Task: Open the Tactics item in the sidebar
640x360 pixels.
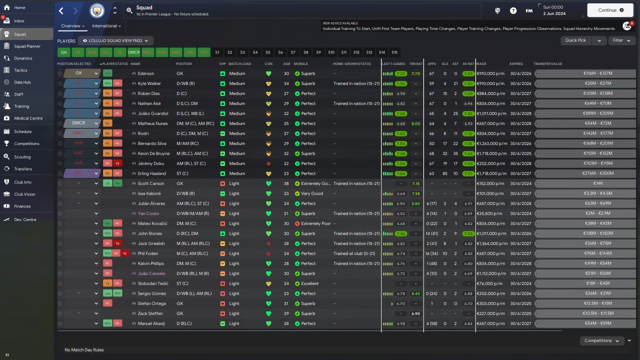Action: pos(20,70)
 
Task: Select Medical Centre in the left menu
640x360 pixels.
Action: pos(28,118)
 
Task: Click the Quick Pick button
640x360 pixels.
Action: pos(575,40)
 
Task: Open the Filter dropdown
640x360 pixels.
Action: pos(621,40)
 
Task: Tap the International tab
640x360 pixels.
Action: pos(106,26)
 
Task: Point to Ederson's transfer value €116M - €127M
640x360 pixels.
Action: pos(584,73)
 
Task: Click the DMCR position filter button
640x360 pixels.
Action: pos(134,52)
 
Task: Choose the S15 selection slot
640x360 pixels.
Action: pos(394,52)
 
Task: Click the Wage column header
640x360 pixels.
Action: pos(481,64)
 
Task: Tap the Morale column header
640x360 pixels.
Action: pos(301,64)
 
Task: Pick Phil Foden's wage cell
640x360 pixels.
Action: pos(490,253)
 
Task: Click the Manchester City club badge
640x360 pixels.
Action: pos(97,10)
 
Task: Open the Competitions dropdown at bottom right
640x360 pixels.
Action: pos(601,340)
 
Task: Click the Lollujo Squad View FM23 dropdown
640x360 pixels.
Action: pos(117,40)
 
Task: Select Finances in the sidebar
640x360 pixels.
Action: pos(22,206)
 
